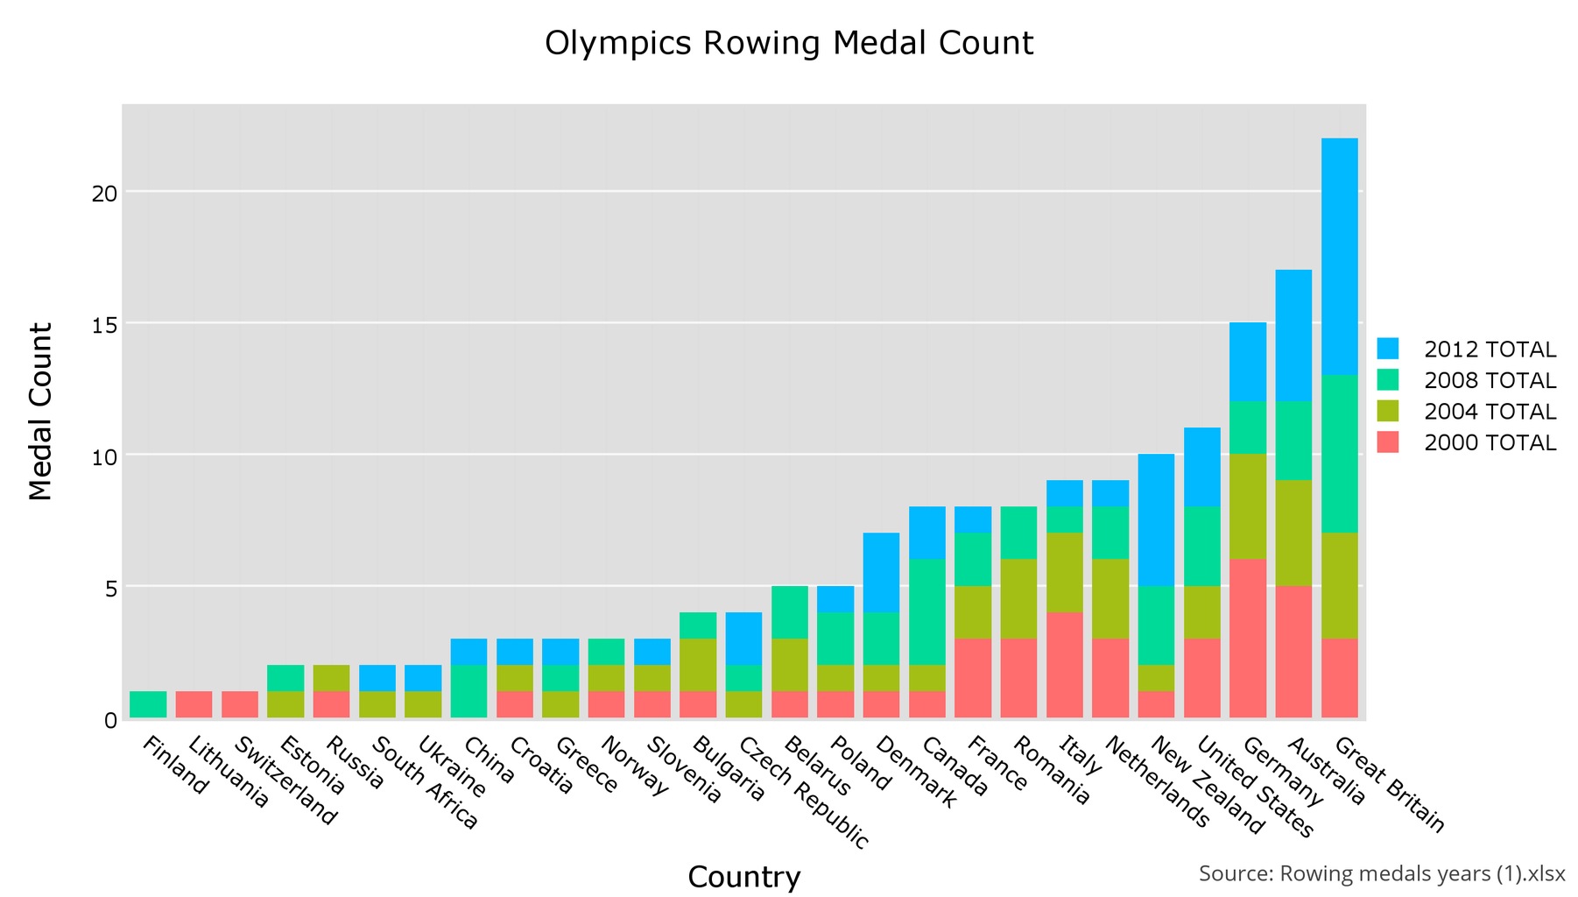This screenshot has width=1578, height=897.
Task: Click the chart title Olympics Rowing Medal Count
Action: [x=788, y=43]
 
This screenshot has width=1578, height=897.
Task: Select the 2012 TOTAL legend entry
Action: [x=1489, y=350]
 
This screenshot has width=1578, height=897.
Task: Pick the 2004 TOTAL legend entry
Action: [x=1489, y=412]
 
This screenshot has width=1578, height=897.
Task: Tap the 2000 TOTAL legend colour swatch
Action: [x=1387, y=442]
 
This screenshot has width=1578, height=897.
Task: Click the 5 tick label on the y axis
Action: [x=109, y=588]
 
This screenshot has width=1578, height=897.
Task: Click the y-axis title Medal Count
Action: [x=41, y=412]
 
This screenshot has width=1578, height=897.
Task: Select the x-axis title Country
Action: [x=743, y=877]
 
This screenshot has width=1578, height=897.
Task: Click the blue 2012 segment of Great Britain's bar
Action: [x=1339, y=256]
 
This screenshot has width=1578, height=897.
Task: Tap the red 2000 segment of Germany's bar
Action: [x=1248, y=638]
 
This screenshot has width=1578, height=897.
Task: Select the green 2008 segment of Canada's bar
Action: [x=926, y=611]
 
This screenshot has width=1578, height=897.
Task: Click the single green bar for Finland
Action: [x=148, y=704]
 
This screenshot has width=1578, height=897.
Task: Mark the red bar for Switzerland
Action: [x=239, y=704]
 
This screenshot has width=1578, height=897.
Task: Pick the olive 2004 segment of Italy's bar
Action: [x=1064, y=572]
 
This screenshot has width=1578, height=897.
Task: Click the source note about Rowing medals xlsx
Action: [x=1381, y=873]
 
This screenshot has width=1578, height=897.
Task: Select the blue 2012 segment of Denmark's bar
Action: [x=881, y=572]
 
